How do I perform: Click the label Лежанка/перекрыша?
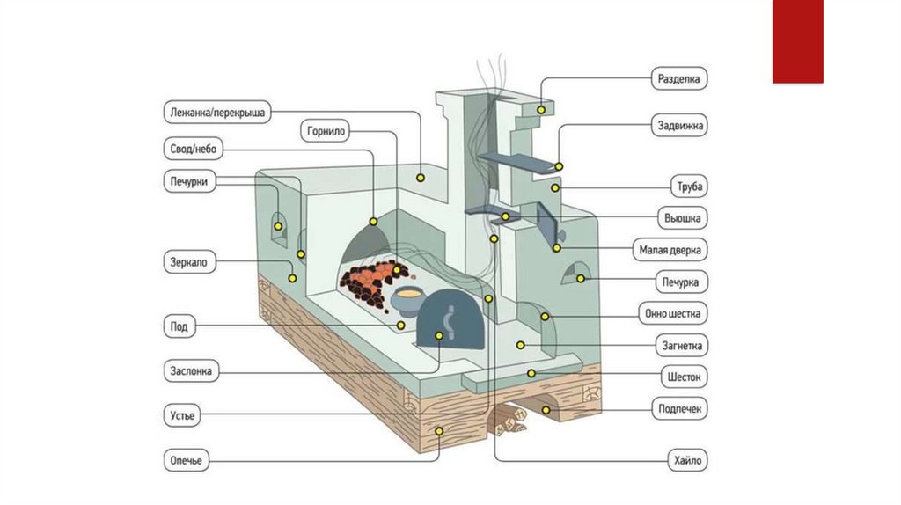(x=219, y=113)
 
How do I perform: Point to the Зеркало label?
(x=190, y=262)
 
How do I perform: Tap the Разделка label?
(x=679, y=79)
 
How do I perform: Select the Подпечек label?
(x=680, y=409)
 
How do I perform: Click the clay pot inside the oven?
(x=407, y=301)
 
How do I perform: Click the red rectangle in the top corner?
(x=797, y=41)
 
